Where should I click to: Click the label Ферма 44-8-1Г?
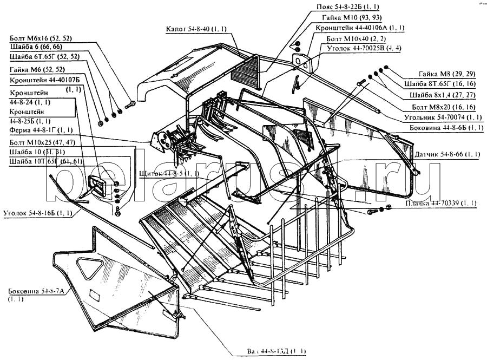41,130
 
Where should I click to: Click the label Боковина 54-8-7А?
36,291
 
